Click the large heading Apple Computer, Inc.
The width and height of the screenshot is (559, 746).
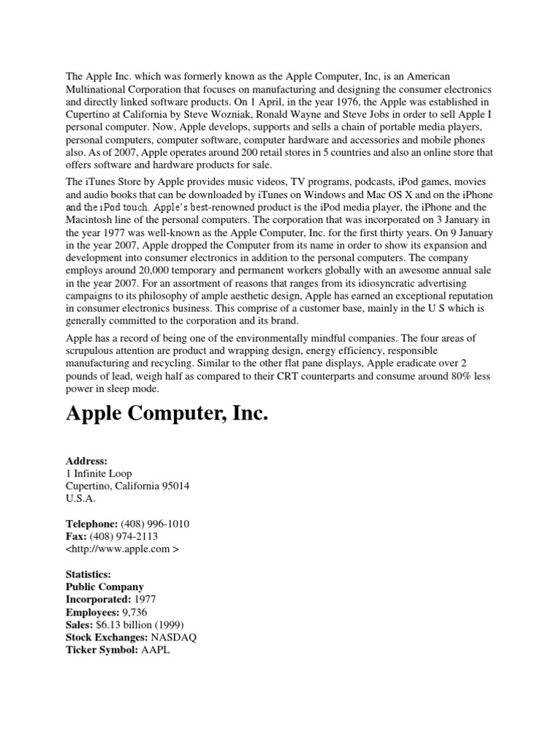point(167,415)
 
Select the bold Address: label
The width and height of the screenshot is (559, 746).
point(87,461)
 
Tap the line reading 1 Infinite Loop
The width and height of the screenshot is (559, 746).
point(99,474)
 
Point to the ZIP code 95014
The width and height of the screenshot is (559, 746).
point(175,486)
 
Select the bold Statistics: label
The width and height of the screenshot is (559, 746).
point(90,574)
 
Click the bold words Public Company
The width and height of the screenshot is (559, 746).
point(105,586)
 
